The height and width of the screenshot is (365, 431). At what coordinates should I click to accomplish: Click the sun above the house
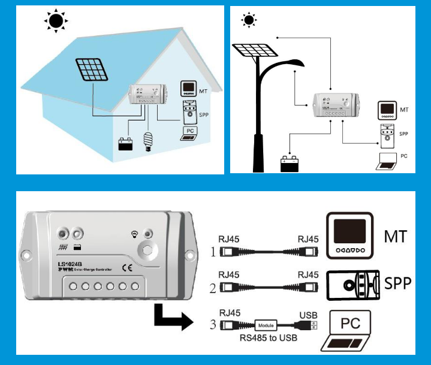click(x=56, y=22)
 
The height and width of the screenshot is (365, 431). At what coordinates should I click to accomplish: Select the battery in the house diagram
click(x=125, y=144)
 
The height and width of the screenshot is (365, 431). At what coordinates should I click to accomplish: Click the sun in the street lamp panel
click(x=248, y=21)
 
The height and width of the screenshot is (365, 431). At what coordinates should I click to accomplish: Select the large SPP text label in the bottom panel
click(x=397, y=282)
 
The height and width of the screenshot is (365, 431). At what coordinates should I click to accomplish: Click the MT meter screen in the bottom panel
click(x=349, y=231)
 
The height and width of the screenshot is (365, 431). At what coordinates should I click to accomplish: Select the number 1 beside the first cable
click(x=212, y=252)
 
